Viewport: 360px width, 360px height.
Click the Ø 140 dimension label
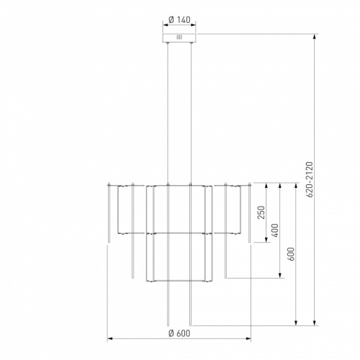(x=179, y=19)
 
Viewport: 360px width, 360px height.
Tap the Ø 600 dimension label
(x=179, y=333)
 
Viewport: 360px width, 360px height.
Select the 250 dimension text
(x=261, y=212)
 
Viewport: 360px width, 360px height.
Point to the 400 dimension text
(x=275, y=230)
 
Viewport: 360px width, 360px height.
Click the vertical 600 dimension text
(x=291, y=254)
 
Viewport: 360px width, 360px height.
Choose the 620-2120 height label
(x=310, y=179)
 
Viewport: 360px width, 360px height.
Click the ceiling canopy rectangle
(x=179, y=38)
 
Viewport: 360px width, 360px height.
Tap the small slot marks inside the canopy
(x=179, y=37)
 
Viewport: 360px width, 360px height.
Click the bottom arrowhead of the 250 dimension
(x=266, y=239)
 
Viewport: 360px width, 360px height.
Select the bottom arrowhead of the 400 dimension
(x=280, y=275)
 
